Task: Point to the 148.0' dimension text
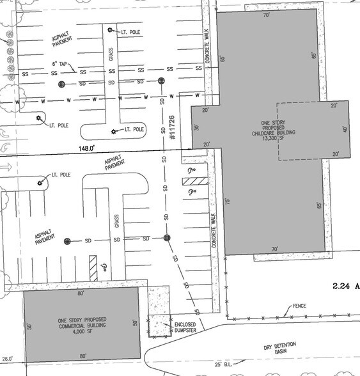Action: point(86,148)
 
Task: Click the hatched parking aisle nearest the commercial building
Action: point(93,268)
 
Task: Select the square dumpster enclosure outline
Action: point(159,325)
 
